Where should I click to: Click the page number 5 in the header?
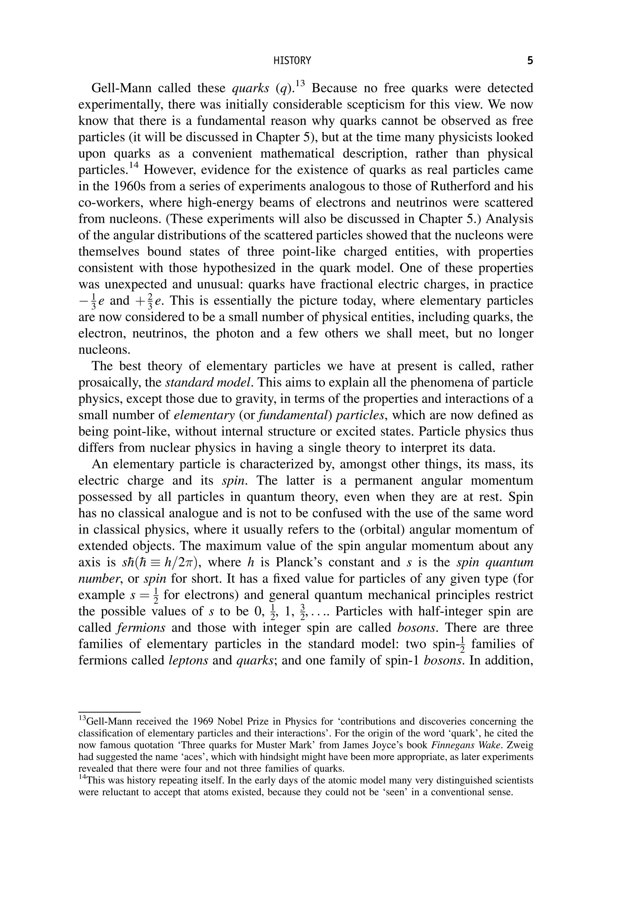530,61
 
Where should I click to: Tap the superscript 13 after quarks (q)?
300,83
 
